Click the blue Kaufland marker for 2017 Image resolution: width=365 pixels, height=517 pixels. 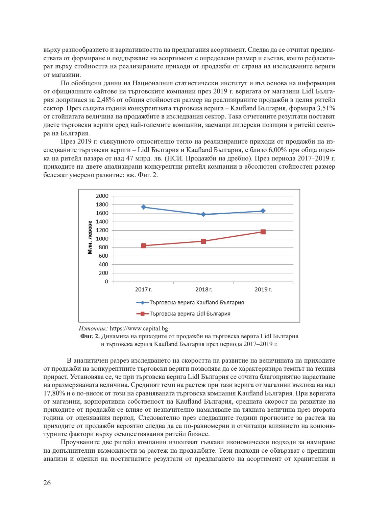[x=144, y=207]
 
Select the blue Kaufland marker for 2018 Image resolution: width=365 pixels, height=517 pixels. [x=203, y=214]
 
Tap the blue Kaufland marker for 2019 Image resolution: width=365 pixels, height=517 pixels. [x=263, y=211]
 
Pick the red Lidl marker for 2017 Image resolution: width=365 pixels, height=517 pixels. [x=144, y=246]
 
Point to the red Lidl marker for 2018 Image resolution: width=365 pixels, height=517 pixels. [x=203, y=241]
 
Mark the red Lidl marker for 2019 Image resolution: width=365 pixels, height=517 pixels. [x=263, y=232]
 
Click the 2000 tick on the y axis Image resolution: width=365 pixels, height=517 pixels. [x=102, y=196]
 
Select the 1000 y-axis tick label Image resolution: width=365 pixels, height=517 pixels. [x=102, y=239]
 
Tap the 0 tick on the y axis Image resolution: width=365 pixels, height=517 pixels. [x=106, y=281]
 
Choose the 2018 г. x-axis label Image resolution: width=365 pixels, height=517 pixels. [x=204, y=289]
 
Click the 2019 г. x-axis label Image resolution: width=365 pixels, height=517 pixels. [x=263, y=289]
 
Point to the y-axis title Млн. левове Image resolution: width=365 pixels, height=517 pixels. [x=90, y=238]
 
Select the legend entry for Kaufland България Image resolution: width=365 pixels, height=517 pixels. [x=196, y=303]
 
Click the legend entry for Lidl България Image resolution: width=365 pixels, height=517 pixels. [x=190, y=314]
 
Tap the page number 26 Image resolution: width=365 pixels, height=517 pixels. [x=47, y=483]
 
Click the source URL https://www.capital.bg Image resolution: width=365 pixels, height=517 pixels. [x=139, y=328]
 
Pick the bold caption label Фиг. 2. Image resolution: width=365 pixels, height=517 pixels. [x=90, y=336]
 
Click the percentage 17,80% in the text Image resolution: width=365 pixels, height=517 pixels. [x=54, y=393]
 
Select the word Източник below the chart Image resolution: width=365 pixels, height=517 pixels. [x=93, y=328]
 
